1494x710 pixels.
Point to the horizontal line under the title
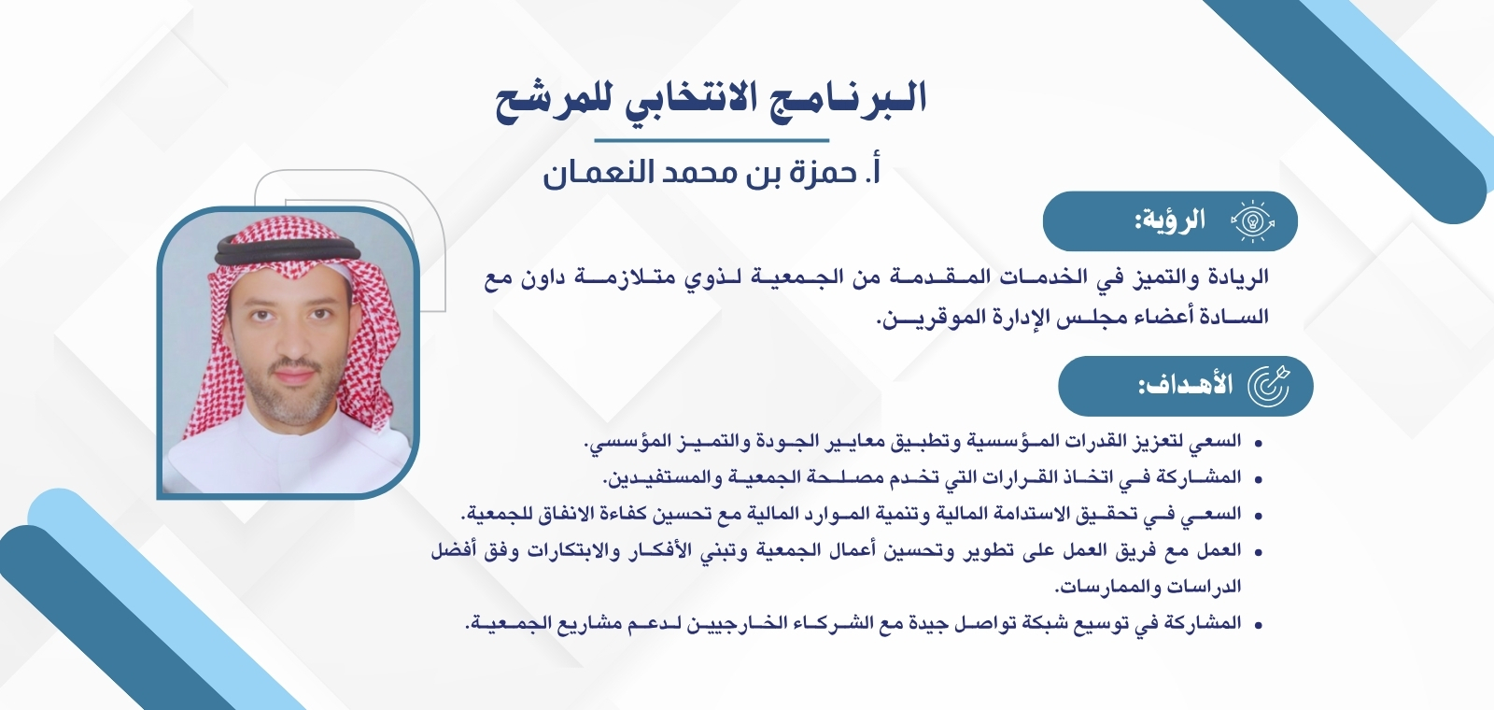pos(712,140)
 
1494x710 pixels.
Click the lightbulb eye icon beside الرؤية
pos(1252,222)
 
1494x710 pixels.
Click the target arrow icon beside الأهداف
pos(1269,386)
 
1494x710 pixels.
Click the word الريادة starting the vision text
pos(1237,278)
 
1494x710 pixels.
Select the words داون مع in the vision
pos(513,278)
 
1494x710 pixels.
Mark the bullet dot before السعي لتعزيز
pos(1259,442)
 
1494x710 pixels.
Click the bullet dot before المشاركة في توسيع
pos(1259,624)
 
